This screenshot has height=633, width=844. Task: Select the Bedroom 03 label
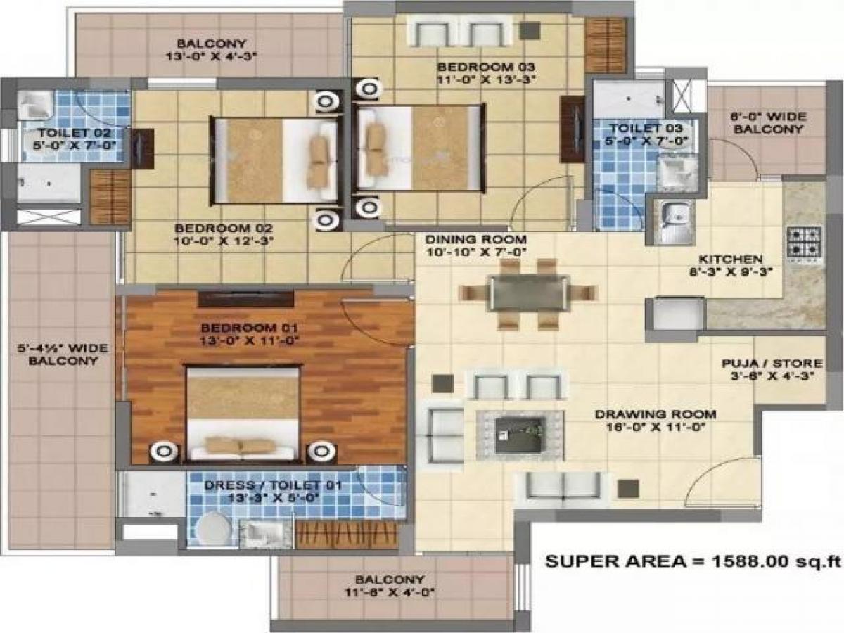(x=487, y=72)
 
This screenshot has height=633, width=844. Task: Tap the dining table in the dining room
(x=529, y=293)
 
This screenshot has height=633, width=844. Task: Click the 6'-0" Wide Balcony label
(x=767, y=122)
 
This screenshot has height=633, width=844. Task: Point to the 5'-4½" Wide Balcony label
(x=58, y=354)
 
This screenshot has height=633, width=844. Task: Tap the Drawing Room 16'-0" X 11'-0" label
(x=655, y=420)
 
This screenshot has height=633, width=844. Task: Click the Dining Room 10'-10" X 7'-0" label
(x=475, y=243)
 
